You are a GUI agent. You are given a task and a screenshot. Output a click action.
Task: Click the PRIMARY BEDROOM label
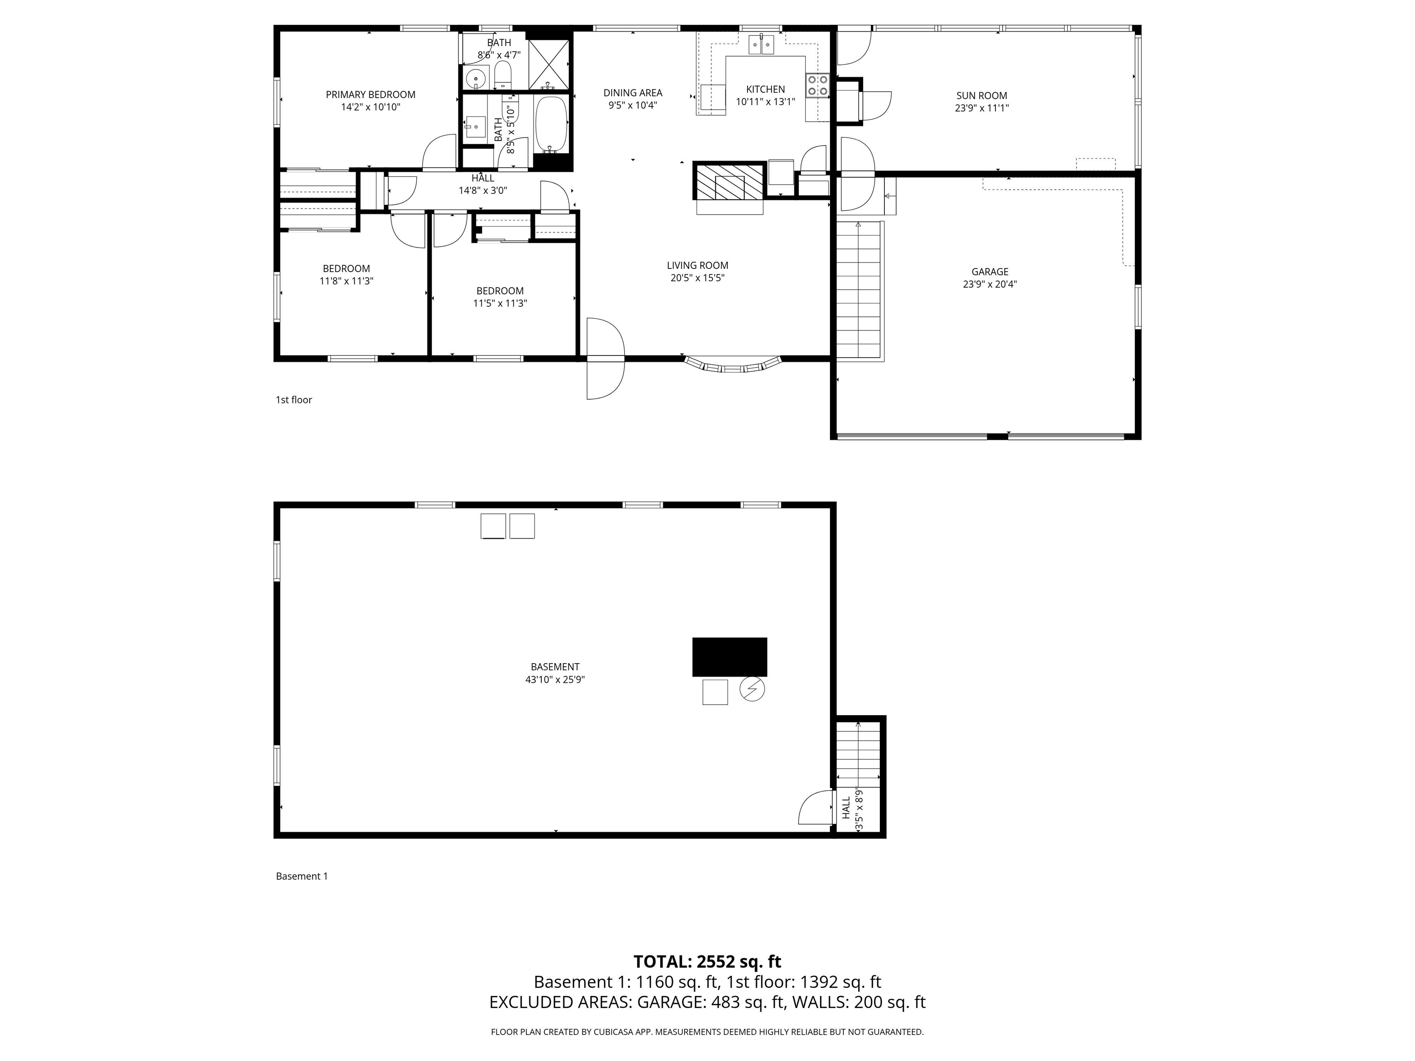pos(370,95)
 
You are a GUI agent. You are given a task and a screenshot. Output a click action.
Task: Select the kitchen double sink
pos(761,45)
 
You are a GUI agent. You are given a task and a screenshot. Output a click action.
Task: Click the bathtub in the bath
pos(551,125)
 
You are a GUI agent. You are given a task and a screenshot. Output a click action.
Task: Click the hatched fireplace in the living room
pos(729,181)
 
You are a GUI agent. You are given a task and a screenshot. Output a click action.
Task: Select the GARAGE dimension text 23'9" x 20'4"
pos(989,285)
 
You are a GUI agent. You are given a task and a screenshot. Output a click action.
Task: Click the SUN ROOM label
pos(981,96)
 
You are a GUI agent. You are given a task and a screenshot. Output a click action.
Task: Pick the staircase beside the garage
pos(859,291)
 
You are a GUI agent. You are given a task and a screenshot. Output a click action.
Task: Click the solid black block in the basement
pos(729,657)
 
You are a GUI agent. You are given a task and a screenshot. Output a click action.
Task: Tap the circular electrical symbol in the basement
pos(752,689)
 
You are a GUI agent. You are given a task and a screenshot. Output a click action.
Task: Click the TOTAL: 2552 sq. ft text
pos(707,962)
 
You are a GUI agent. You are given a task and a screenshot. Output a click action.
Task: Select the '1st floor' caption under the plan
pos(293,400)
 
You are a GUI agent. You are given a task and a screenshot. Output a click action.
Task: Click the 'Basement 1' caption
pos(301,876)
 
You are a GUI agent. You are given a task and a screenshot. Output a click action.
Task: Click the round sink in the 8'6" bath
pos(475,79)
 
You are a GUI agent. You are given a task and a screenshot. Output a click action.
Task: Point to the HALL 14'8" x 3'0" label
pos(483,184)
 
